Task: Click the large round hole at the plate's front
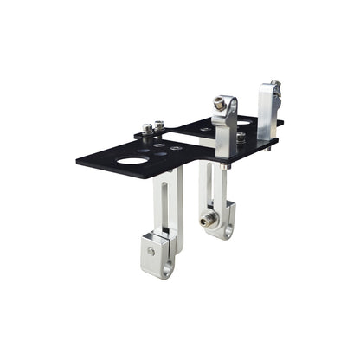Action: click(x=132, y=160)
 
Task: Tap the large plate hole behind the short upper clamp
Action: click(x=244, y=122)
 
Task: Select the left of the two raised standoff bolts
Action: click(x=148, y=127)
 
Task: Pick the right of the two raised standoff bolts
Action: click(x=159, y=125)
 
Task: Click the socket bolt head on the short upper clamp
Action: click(x=221, y=104)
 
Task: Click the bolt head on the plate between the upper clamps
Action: click(x=241, y=137)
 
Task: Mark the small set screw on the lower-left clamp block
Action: click(x=151, y=252)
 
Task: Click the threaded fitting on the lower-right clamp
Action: click(x=207, y=220)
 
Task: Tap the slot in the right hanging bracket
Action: click(x=208, y=186)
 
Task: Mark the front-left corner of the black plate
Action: click(x=78, y=161)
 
